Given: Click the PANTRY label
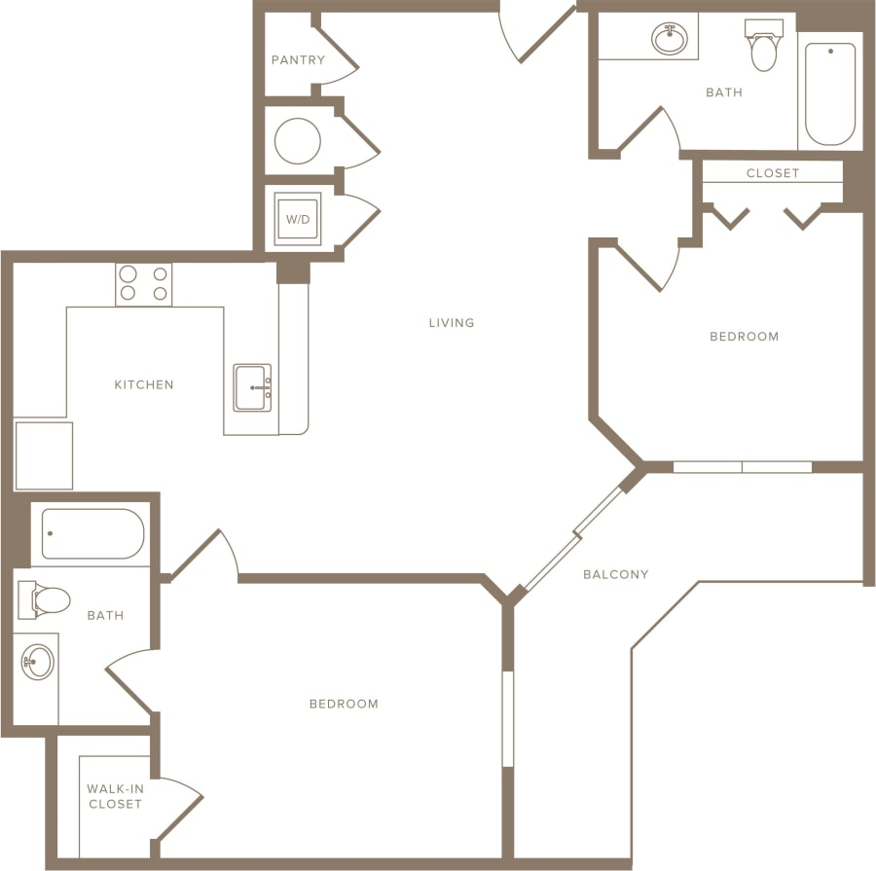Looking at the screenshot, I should [x=298, y=60].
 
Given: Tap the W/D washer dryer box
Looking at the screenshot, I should [x=297, y=219].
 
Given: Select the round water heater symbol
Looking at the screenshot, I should [x=297, y=141].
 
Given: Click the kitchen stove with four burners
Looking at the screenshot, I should [x=144, y=284].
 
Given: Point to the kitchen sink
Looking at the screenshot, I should [x=252, y=387].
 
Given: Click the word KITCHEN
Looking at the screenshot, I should [x=144, y=384].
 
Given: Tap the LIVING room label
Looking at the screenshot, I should [x=452, y=322].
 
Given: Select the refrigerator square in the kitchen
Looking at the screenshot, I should [x=44, y=455].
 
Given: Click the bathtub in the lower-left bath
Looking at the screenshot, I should [x=92, y=534].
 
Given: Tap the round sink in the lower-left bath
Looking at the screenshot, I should [x=38, y=663].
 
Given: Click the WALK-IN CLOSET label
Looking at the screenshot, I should [x=115, y=796].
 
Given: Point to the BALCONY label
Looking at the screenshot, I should [x=615, y=574].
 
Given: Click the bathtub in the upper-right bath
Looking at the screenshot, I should [x=830, y=93].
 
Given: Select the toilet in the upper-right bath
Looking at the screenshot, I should [x=765, y=46].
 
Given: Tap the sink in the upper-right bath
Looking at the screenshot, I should [x=669, y=39].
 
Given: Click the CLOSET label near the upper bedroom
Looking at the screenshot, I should [x=773, y=173].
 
